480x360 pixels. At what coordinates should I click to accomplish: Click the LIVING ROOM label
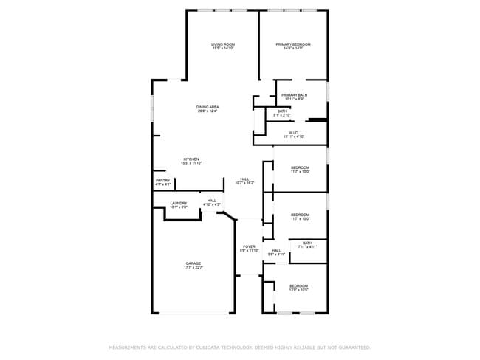[x=223, y=44]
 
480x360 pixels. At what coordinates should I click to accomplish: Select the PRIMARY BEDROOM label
[x=293, y=44]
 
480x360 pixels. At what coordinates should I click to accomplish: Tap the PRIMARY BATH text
[x=294, y=94]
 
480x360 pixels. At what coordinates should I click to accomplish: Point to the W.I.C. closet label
[x=294, y=132]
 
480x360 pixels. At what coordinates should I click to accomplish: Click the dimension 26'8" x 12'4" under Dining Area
[x=208, y=111]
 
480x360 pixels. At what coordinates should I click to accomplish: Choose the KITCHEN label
[x=191, y=159]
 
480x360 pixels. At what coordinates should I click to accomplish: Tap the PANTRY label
[x=163, y=180]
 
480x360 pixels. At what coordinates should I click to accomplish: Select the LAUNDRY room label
[x=179, y=203]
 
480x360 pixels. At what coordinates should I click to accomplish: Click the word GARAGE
[x=193, y=263]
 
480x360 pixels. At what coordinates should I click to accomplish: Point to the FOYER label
[x=249, y=246]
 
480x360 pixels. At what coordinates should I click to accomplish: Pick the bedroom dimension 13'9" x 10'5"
[x=298, y=290]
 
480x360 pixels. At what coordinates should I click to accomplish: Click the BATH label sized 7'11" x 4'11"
[x=307, y=243]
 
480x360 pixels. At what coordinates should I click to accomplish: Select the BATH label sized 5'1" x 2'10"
[x=282, y=111]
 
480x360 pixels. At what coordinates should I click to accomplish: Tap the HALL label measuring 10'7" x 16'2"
[x=244, y=179]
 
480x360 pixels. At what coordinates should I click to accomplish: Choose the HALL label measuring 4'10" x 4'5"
[x=212, y=201]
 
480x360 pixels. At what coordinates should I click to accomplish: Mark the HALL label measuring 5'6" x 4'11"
[x=276, y=250]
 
